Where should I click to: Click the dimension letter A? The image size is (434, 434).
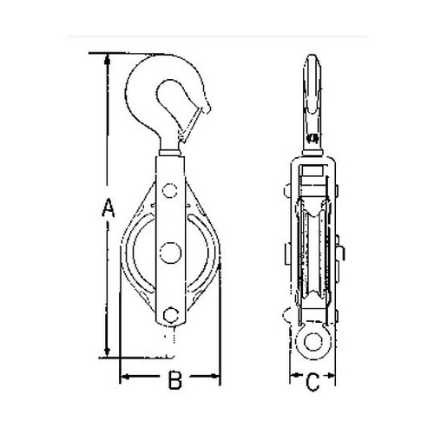[x=107, y=207]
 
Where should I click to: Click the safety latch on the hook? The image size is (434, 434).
[x=198, y=122]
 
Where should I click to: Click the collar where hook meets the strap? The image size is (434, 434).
[x=171, y=157]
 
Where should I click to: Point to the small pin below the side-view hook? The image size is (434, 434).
[x=313, y=132]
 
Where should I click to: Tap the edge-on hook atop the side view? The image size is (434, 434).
[x=313, y=91]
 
